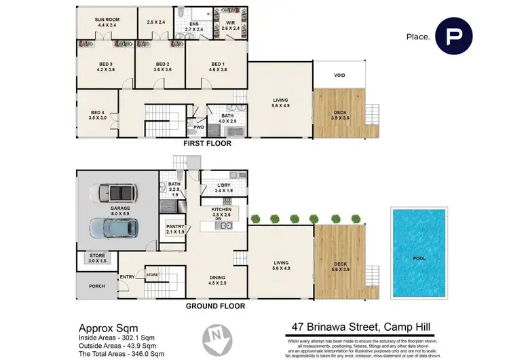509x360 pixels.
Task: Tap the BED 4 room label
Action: [x=94, y=115]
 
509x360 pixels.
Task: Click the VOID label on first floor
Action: [x=340, y=75]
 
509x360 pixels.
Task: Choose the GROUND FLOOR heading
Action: [x=216, y=306]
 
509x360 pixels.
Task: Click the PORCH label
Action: [x=97, y=286]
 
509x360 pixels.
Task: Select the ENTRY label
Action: [x=128, y=276]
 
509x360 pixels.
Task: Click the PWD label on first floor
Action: [x=199, y=126]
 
